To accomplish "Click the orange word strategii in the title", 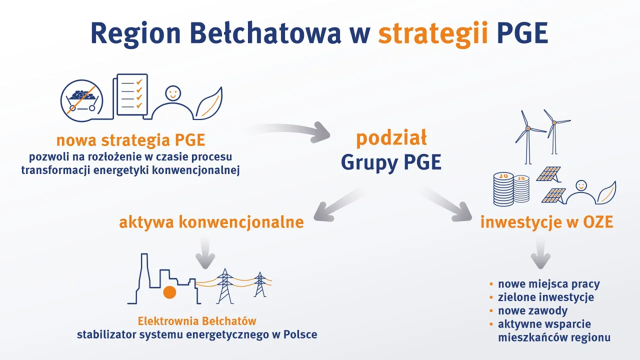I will click(433, 33).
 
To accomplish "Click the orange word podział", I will click(391, 138).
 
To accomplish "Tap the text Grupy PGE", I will click(391, 162).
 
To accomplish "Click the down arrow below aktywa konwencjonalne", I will click(204, 253).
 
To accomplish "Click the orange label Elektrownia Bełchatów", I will click(197, 320).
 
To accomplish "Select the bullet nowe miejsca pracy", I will click(548, 284).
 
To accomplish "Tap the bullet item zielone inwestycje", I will click(545, 297).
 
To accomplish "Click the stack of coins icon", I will click(510, 188).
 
